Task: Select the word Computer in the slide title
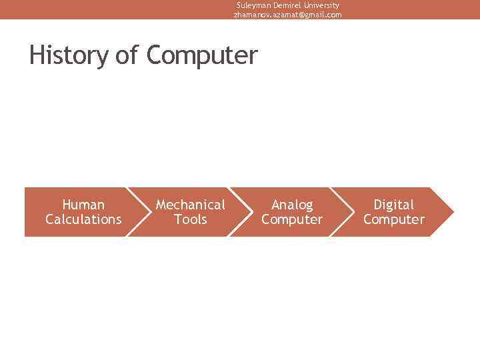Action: [201, 55]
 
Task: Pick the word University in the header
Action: [321, 5]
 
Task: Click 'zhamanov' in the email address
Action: [249, 14]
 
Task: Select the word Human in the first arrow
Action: [83, 205]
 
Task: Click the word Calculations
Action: [83, 219]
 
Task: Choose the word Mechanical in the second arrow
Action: [190, 205]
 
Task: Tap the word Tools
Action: [190, 219]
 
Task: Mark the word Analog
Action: [292, 205]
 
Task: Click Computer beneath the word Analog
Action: [292, 219]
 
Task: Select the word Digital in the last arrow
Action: [393, 205]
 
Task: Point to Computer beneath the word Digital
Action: [393, 219]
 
